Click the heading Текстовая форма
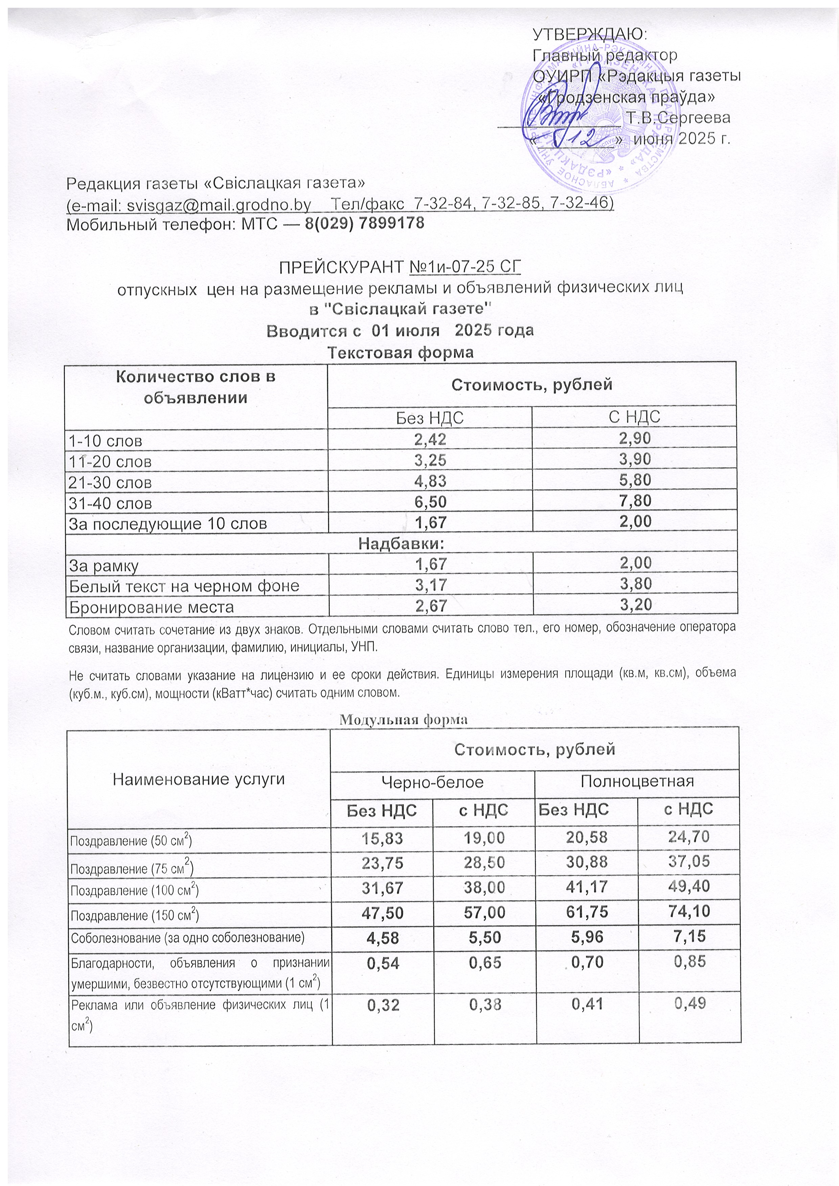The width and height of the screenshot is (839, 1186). (401, 353)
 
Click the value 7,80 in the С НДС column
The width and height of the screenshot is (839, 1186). (634, 501)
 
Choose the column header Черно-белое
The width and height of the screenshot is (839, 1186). (432, 782)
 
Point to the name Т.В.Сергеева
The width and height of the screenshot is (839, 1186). (678, 118)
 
